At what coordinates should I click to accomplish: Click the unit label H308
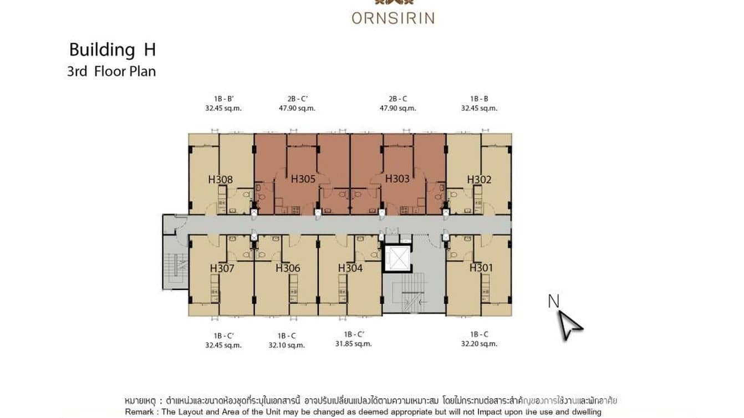coord(220,179)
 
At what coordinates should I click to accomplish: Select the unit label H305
coord(303,179)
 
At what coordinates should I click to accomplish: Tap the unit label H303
coord(397,179)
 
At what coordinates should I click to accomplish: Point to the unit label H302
coord(479,179)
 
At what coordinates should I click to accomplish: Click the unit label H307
coord(222,268)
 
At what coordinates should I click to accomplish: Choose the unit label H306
coord(288,268)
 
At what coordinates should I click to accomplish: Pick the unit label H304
coord(350,268)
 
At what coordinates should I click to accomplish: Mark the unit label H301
coord(481,268)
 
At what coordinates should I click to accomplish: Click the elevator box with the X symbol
coord(398,258)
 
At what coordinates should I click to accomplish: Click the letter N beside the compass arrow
coord(553,301)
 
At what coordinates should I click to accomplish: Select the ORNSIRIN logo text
coord(393,18)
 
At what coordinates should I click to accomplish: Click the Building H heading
coord(112,50)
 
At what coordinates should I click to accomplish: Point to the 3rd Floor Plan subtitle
coord(111,72)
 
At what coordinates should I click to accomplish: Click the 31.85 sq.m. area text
coord(353,344)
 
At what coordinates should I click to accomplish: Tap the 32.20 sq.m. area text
coord(479,344)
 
